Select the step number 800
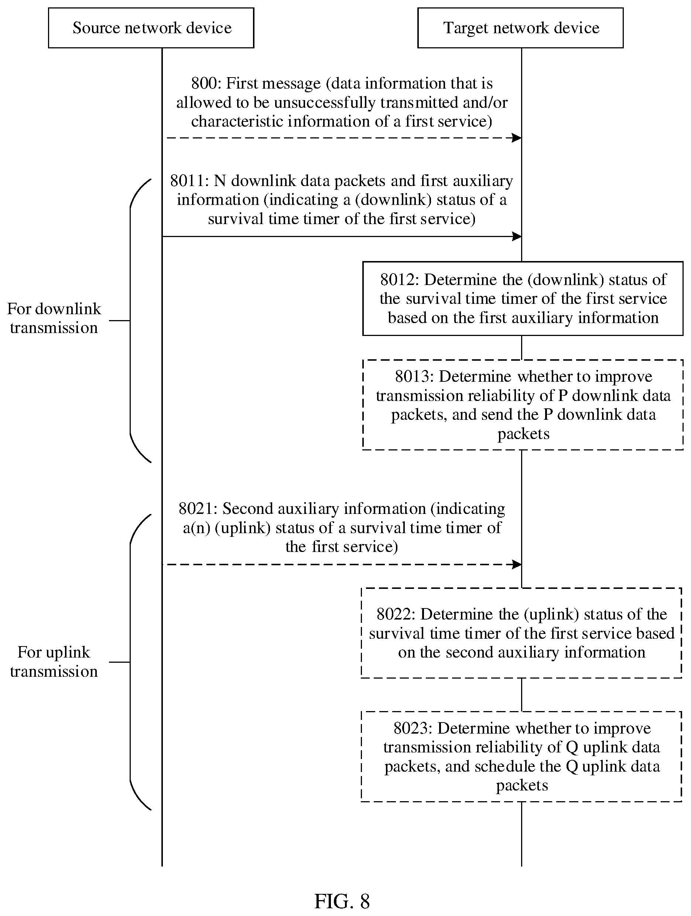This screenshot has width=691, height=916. pyautogui.click(x=204, y=84)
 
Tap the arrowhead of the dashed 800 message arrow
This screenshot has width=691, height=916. pyautogui.click(x=517, y=138)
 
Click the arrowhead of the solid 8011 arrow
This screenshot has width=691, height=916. pyautogui.click(x=517, y=236)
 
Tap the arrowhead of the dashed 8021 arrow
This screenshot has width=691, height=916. pyautogui.click(x=517, y=565)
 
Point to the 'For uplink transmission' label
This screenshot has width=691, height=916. pyautogui.click(x=54, y=662)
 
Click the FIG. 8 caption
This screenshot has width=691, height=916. pyautogui.click(x=342, y=901)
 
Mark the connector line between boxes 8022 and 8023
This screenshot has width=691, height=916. pyautogui.click(x=521, y=694)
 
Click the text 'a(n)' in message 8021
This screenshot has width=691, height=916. pyautogui.click(x=196, y=528)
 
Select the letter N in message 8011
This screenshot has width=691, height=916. pyautogui.click(x=220, y=181)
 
